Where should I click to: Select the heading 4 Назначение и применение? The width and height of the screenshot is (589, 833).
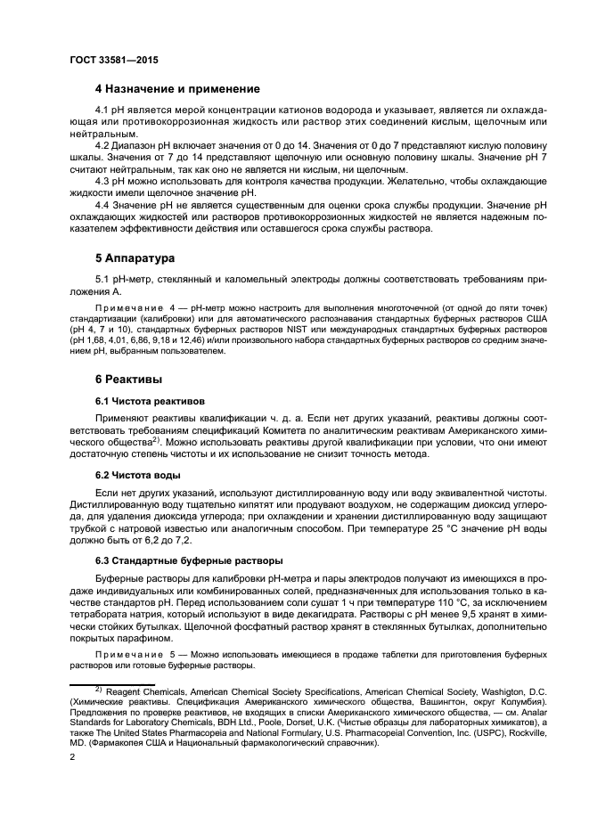[177, 89]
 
